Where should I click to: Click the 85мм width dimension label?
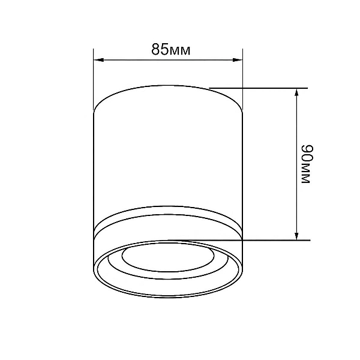click(x=171, y=49)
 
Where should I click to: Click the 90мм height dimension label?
click(x=307, y=164)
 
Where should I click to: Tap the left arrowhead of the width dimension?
click(x=99, y=60)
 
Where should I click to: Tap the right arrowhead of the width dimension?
click(x=238, y=60)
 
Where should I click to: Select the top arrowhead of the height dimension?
click(x=296, y=94)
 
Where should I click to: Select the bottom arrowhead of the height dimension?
click(x=296, y=235)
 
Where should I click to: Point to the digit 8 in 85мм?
click(x=155, y=49)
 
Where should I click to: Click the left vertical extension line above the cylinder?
click(x=94, y=79)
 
